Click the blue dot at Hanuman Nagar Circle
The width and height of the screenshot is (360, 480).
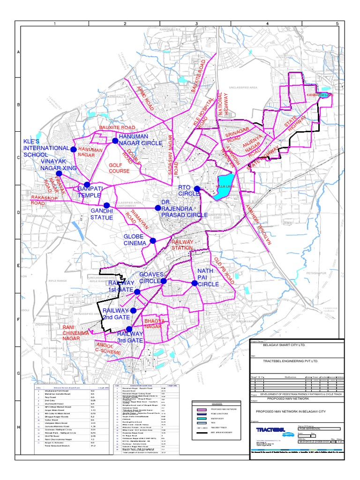[x=114, y=141]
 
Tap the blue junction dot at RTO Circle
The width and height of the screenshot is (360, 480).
[x=197, y=189]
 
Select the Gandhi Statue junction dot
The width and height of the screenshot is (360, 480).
[x=106, y=205]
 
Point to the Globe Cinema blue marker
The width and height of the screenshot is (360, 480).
[x=152, y=241]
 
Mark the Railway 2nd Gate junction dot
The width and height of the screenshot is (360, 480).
[x=133, y=310]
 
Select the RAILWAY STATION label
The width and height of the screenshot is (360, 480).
[x=182, y=245]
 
